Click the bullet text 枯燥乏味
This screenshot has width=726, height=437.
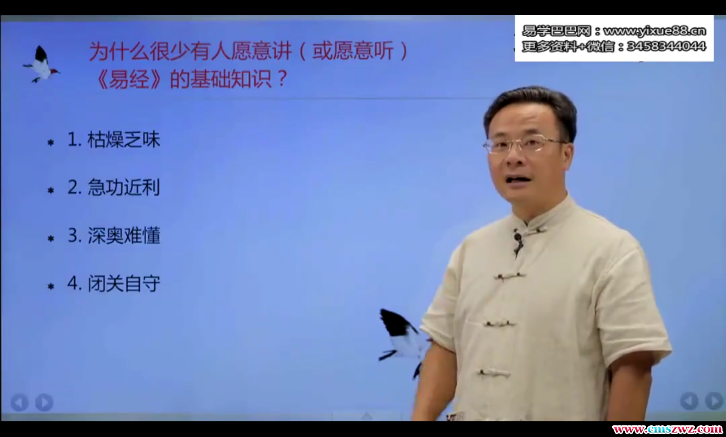pos(124,140)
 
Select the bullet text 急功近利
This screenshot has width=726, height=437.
pos(124,187)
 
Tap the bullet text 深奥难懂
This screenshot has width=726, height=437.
pos(124,235)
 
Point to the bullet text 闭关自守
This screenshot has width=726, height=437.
pos(124,284)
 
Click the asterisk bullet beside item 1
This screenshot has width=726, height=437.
pos(51,142)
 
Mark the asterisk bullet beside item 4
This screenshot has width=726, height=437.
pos(51,286)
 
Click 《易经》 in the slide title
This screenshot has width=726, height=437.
pos(129,79)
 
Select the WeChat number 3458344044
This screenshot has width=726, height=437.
pos(666,46)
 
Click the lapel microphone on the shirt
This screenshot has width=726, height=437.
pos(518,238)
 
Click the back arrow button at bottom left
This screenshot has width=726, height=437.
pos(19,402)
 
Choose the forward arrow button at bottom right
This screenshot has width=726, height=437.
pos(714,401)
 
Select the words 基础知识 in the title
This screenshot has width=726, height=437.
pos(231,79)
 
